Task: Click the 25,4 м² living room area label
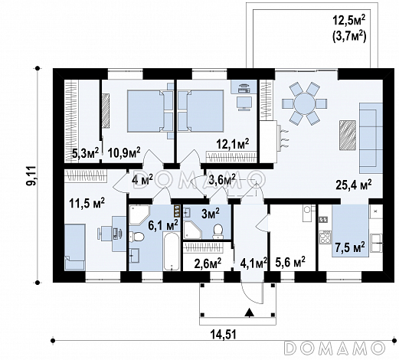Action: pyautogui.click(x=353, y=185)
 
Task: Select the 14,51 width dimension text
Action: pyautogui.click(x=224, y=334)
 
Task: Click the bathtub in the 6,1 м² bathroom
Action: pyautogui.click(x=172, y=250)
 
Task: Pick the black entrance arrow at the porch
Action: pyautogui.click(x=249, y=313)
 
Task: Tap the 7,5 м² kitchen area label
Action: pyautogui.click(x=350, y=247)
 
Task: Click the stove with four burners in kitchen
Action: pyautogui.click(x=325, y=237)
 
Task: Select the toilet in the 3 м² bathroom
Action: pyautogui.click(x=217, y=231)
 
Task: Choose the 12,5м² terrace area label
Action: pyautogui.click(x=348, y=21)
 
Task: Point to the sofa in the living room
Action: pyautogui.click(x=371, y=138)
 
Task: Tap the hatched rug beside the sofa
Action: pyautogui.click(x=348, y=135)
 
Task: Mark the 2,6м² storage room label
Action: pyautogui.click(x=208, y=263)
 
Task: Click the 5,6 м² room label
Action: pyautogui.click(x=290, y=261)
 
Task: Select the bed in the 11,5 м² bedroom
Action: pyautogui.click(x=75, y=247)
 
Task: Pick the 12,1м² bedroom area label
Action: pyautogui.click(x=233, y=144)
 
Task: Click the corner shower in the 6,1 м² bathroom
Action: pyautogui.click(x=139, y=214)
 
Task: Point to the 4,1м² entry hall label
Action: pyautogui.click(x=253, y=263)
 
